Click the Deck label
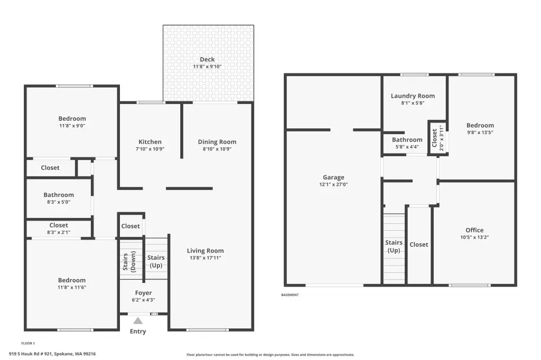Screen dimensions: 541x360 [x=207, y=59]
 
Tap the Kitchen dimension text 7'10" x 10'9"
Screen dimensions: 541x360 [x=150, y=149]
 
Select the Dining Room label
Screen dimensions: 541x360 [x=217, y=141]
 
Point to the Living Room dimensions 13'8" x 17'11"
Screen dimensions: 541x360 [x=206, y=258]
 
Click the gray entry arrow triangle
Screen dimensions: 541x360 [x=138, y=321]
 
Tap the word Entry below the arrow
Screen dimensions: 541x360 [x=138, y=331]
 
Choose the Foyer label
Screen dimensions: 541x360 [x=144, y=293]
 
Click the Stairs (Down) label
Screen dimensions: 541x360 [x=129, y=261]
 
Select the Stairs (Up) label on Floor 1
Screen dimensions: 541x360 [x=156, y=261]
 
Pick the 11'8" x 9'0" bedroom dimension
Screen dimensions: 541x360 [x=72, y=126]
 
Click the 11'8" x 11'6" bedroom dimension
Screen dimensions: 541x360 [x=72, y=287]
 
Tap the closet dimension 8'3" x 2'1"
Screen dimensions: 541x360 [x=59, y=232]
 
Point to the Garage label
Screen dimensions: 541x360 [x=334, y=177]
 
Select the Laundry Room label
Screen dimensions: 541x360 [x=413, y=96]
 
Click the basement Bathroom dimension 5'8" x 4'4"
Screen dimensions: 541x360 [x=407, y=147]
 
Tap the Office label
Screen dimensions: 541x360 [x=474, y=230]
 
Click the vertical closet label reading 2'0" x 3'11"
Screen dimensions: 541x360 [x=442, y=138]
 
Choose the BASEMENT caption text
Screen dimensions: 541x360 [x=290, y=295]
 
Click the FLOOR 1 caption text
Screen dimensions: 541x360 [x=28, y=343]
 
